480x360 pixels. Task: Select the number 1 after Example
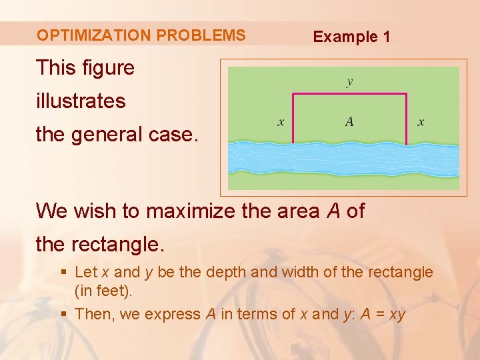pyautogui.click(x=386, y=37)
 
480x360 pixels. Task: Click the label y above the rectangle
pyautogui.click(x=349, y=82)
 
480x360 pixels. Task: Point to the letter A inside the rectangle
pyautogui.click(x=349, y=121)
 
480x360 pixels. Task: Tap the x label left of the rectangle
pyautogui.click(x=281, y=122)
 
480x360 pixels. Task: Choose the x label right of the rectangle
pyautogui.click(x=421, y=122)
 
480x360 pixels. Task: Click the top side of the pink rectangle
pyautogui.click(x=349, y=94)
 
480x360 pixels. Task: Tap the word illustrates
pyautogui.click(x=81, y=101)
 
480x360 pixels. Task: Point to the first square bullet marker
pyautogui.click(x=63, y=273)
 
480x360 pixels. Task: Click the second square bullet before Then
pyautogui.click(x=63, y=314)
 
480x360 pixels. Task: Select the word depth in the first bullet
pyautogui.click(x=225, y=272)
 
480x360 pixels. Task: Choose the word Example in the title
pyautogui.click(x=345, y=37)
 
